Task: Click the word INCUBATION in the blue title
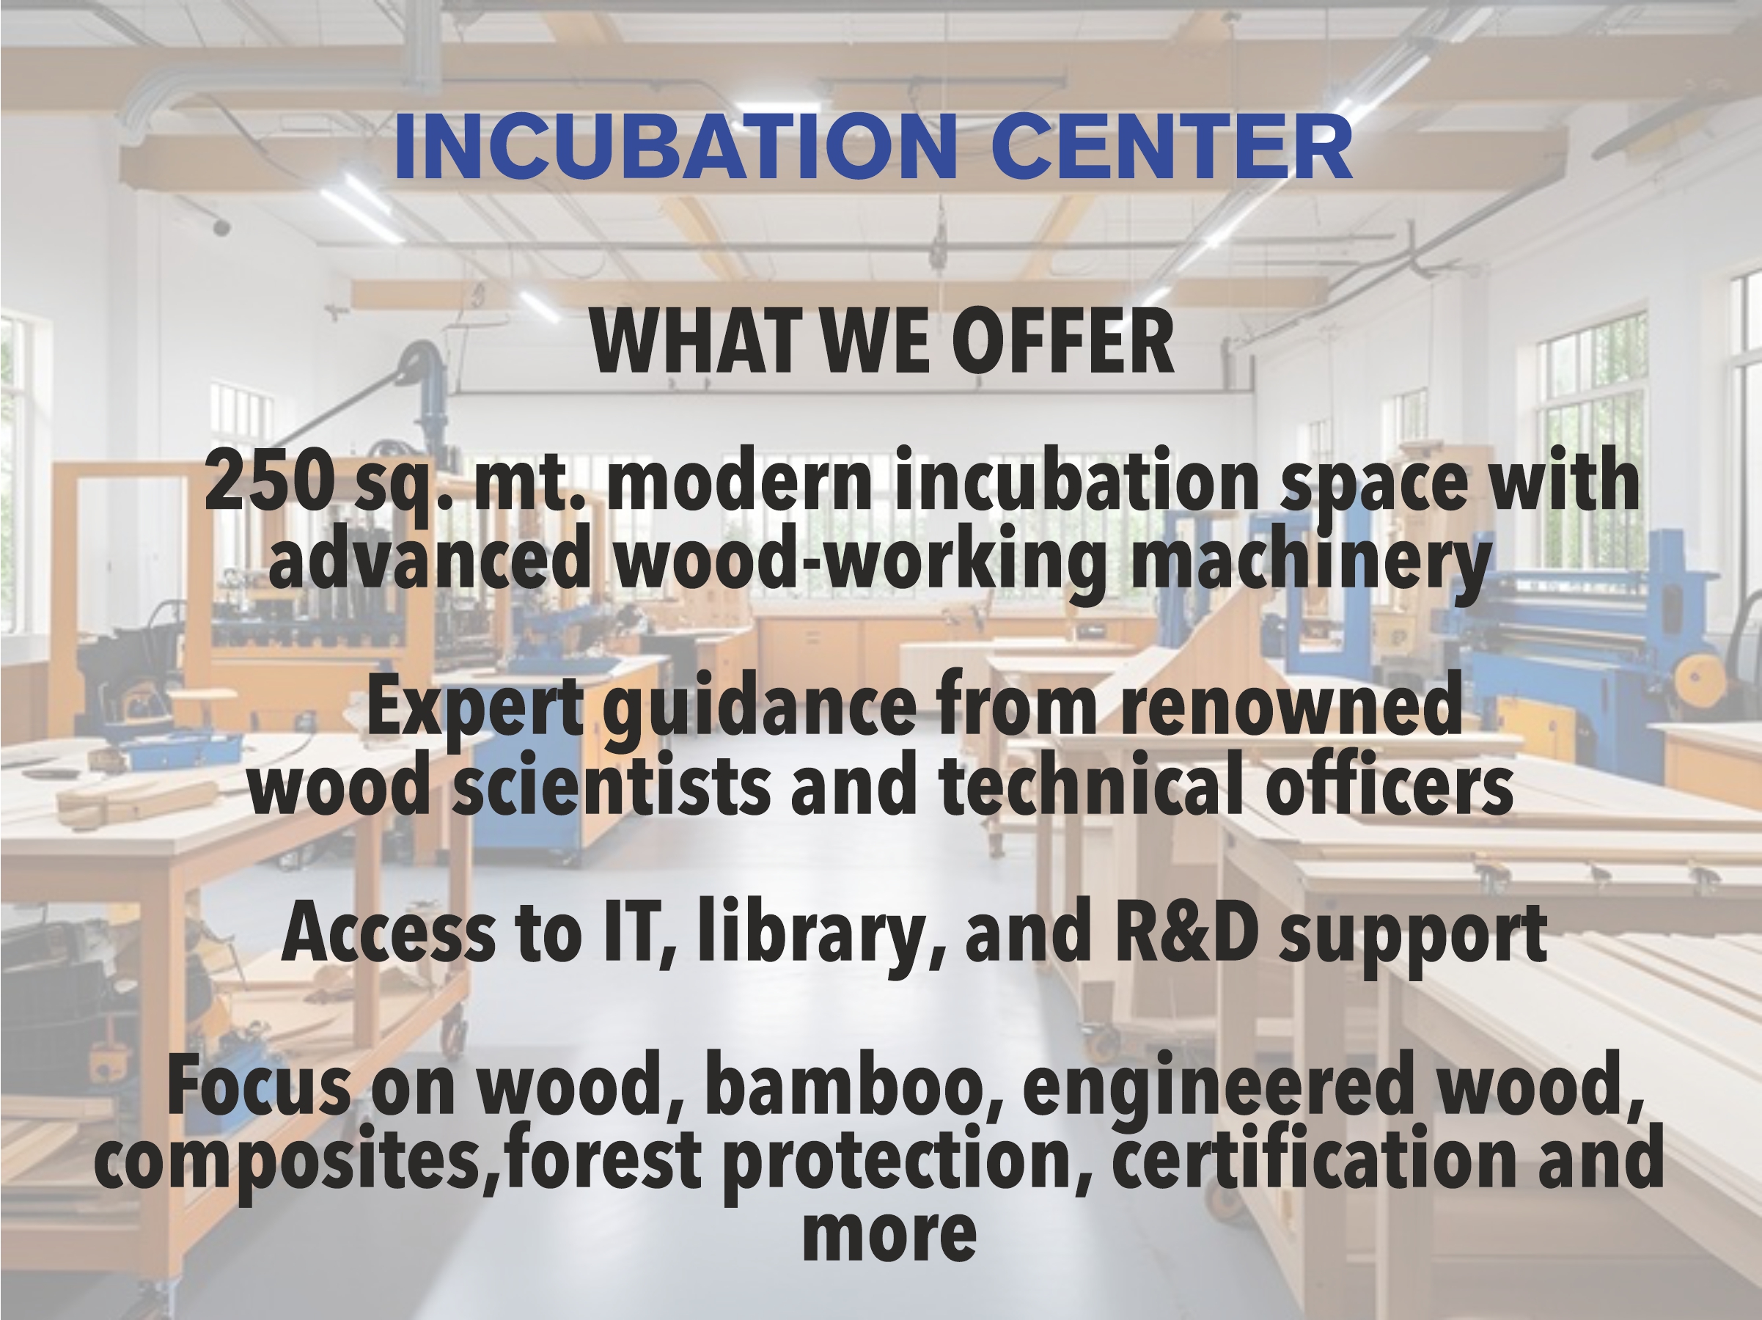pos(675,147)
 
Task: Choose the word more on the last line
pos(889,1234)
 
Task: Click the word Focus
pos(259,1085)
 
